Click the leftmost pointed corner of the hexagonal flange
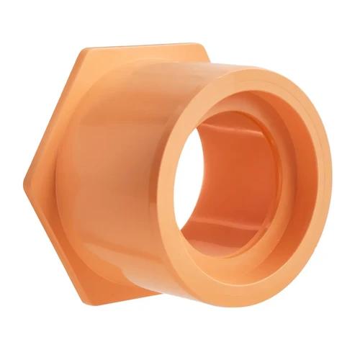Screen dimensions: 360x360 (25, 174)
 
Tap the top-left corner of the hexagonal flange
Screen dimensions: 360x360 (81, 50)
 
